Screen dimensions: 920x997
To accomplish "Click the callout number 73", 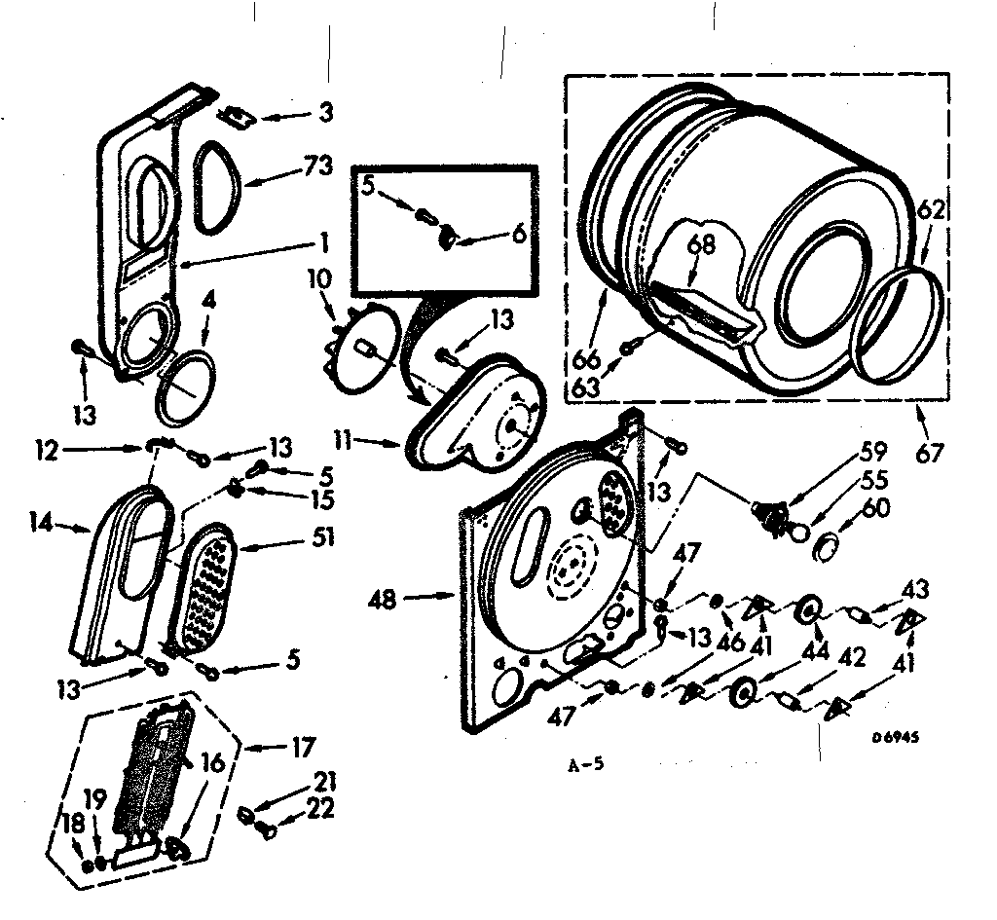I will (x=318, y=166).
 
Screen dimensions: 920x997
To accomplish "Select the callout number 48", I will (x=384, y=601).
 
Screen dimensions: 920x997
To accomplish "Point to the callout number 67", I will (x=930, y=453).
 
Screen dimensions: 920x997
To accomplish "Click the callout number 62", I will (x=930, y=208).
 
